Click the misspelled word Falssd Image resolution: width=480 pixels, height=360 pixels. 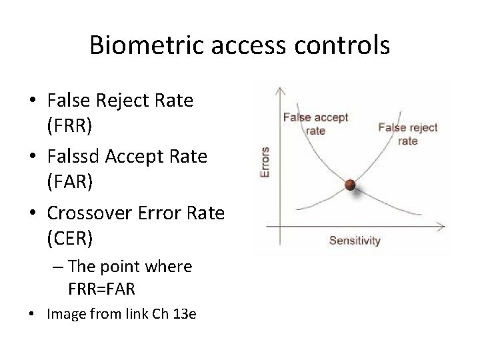click(73, 157)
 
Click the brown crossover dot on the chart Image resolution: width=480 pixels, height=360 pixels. click(349, 184)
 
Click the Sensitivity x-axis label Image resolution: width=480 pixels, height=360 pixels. click(355, 241)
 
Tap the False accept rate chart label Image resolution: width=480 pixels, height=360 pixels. click(316, 124)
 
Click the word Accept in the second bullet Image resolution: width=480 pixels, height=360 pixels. click(133, 157)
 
